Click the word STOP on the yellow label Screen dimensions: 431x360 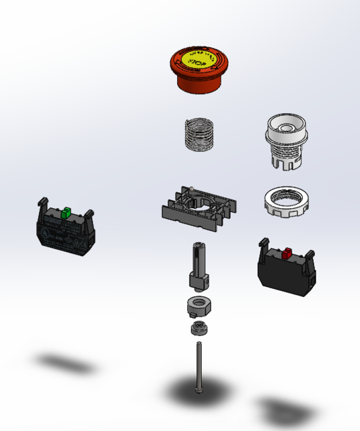(196, 62)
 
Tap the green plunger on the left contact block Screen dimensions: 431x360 (66, 213)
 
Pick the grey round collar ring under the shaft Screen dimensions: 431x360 (198, 306)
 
